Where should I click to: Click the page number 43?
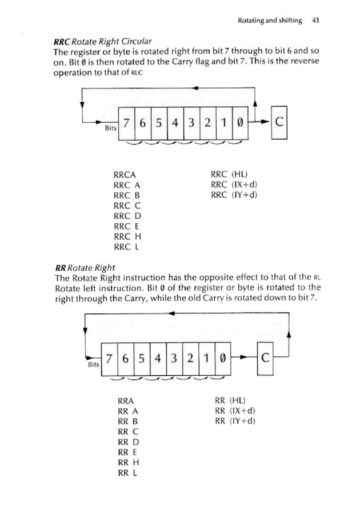(x=315, y=20)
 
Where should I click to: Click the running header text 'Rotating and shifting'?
(x=270, y=20)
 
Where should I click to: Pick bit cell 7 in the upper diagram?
(x=126, y=122)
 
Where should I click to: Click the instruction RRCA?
(x=125, y=175)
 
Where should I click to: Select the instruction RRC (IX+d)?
(x=234, y=185)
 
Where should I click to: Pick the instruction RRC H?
(x=127, y=236)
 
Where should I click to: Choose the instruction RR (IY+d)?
(x=234, y=421)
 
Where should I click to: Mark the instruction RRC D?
(x=127, y=216)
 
